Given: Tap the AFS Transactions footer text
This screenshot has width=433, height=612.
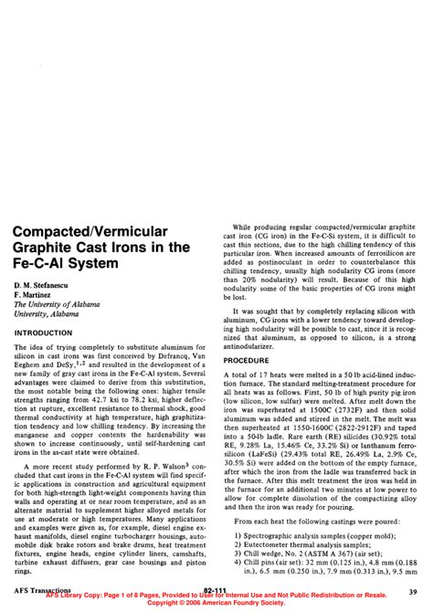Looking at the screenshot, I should (x=44, y=591).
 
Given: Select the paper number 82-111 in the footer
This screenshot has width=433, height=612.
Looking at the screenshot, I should (x=216, y=591).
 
